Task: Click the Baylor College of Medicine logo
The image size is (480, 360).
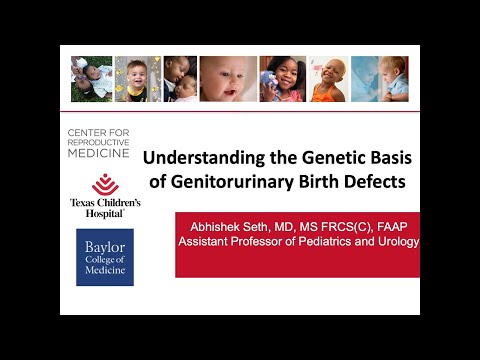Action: click(x=104, y=257)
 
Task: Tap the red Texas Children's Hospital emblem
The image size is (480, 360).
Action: click(x=105, y=184)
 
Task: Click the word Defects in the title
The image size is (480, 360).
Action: click(x=364, y=182)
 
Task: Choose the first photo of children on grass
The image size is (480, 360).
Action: click(x=91, y=79)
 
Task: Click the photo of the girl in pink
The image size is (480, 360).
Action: click(x=283, y=79)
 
